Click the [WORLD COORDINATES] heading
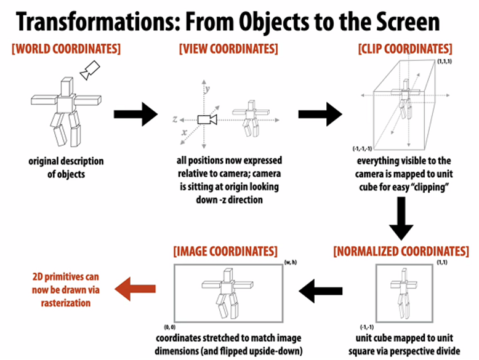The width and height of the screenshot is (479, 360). click(66, 48)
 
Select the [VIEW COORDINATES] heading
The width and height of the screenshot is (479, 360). click(228, 49)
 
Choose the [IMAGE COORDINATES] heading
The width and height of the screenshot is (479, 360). click(225, 251)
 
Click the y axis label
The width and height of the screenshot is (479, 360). click(208, 89)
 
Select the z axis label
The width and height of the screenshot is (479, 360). click(175, 118)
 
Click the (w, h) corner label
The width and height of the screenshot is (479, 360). click(290, 263)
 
